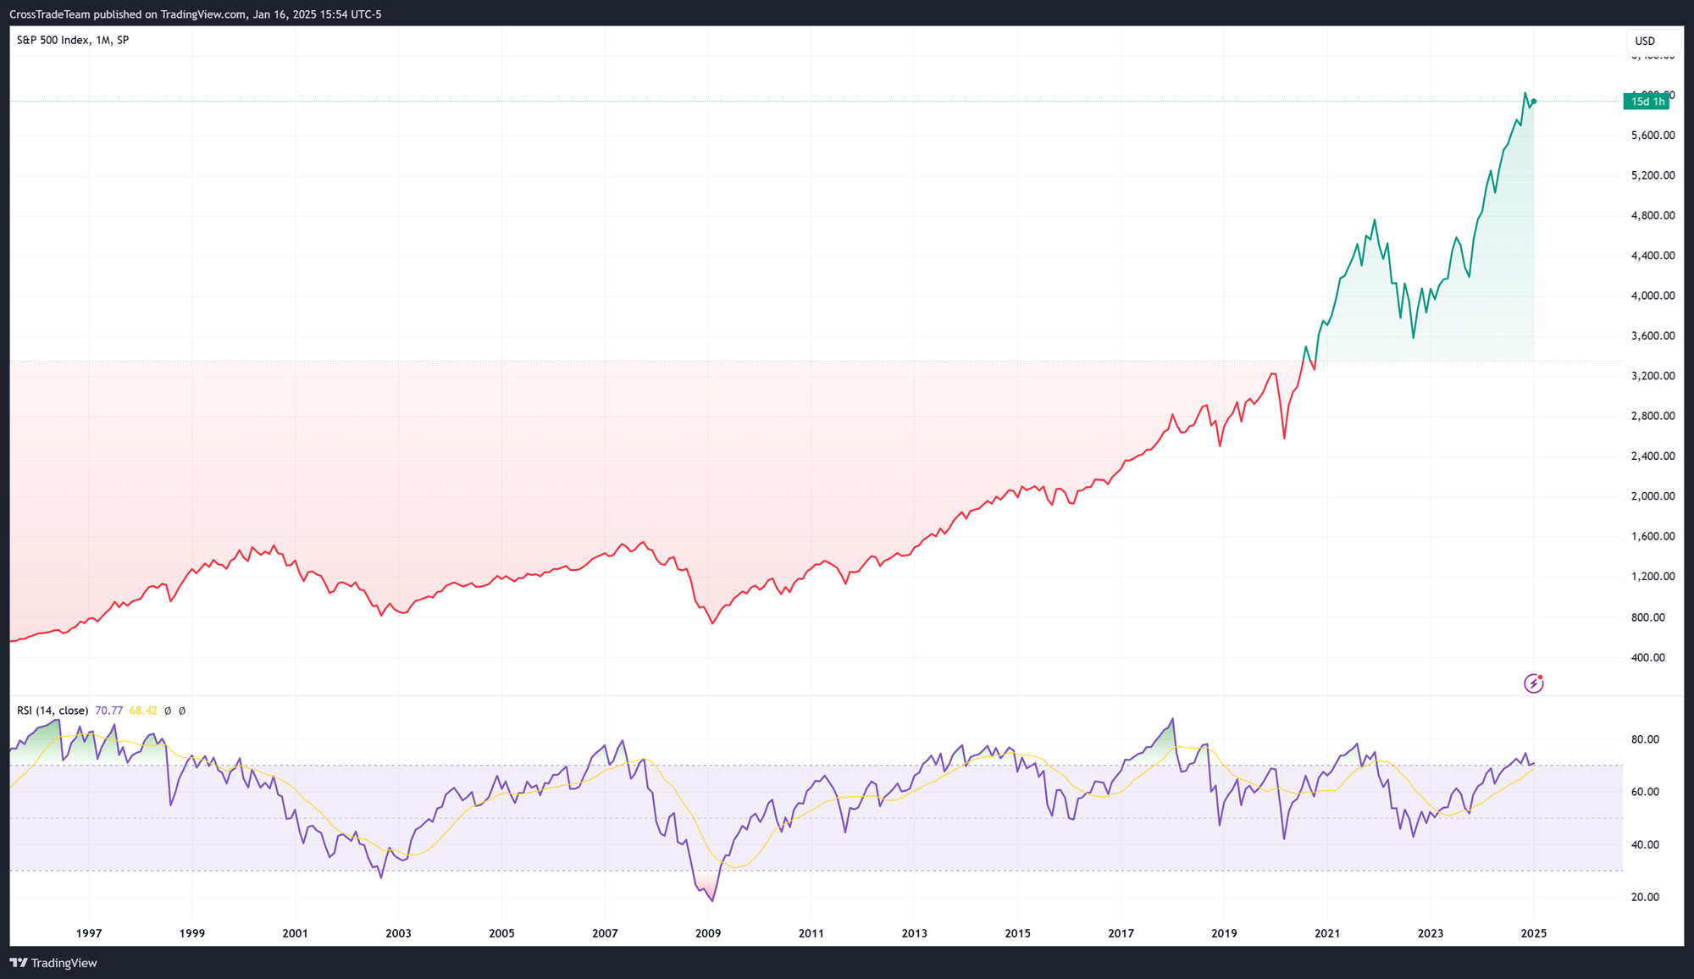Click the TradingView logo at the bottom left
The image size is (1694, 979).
(53, 963)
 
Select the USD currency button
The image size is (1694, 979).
(1645, 41)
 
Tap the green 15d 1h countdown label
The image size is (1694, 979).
(1647, 102)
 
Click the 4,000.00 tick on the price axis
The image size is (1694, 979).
(1652, 296)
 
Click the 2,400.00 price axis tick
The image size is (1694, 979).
(1652, 456)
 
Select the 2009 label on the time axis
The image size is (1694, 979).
(708, 933)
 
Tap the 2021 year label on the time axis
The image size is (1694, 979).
(1327, 933)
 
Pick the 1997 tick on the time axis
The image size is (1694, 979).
(89, 933)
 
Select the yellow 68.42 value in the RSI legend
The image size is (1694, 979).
(143, 711)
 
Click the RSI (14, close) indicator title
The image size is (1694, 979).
(53, 711)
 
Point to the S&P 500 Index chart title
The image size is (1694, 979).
(53, 40)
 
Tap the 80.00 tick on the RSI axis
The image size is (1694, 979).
(1645, 739)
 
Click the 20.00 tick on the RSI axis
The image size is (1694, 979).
(1645, 897)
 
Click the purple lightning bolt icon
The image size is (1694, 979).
(1534, 683)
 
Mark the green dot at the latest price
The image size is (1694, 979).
(1534, 102)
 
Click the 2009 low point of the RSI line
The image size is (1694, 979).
(712, 901)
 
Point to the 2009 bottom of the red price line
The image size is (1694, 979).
(712, 623)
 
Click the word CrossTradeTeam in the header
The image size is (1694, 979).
(48, 14)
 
